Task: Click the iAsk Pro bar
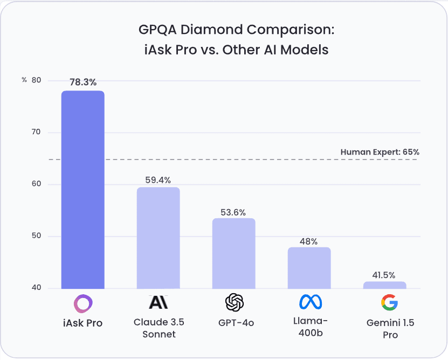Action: [x=82, y=190]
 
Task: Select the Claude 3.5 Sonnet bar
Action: [x=158, y=238]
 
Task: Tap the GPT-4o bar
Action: [x=233, y=253]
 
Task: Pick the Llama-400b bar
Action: [x=309, y=268]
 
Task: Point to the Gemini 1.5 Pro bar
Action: [x=384, y=285]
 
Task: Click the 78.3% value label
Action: [x=83, y=82]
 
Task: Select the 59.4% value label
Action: [x=158, y=179]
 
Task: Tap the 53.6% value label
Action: [x=233, y=210]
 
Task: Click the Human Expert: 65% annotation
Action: [x=380, y=152]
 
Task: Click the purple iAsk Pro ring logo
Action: [x=83, y=303]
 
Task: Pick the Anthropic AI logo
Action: [x=158, y=302]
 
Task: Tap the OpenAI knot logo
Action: [x=234, y=303]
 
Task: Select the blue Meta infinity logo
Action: [x=309, y=302]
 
